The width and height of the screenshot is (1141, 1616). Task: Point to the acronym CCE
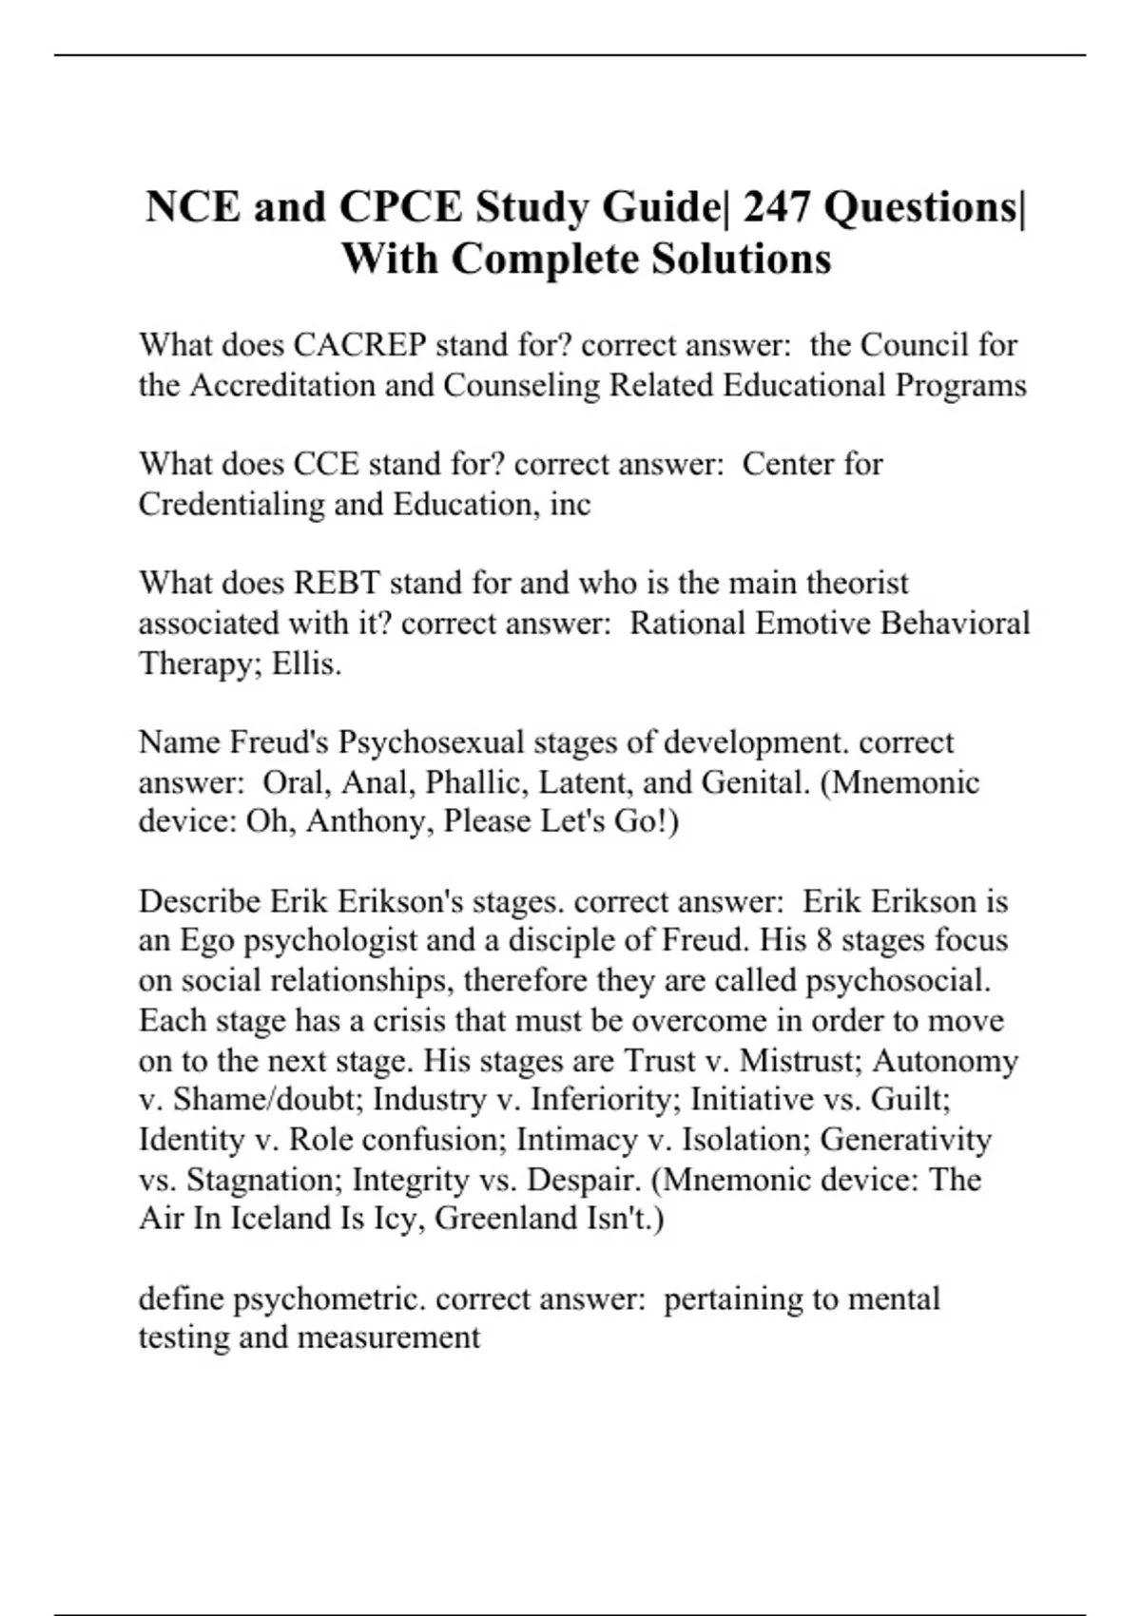[327, 464]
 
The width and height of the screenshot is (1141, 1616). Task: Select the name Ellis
[306, 663]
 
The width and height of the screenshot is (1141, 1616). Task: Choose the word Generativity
[906, 1139]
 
